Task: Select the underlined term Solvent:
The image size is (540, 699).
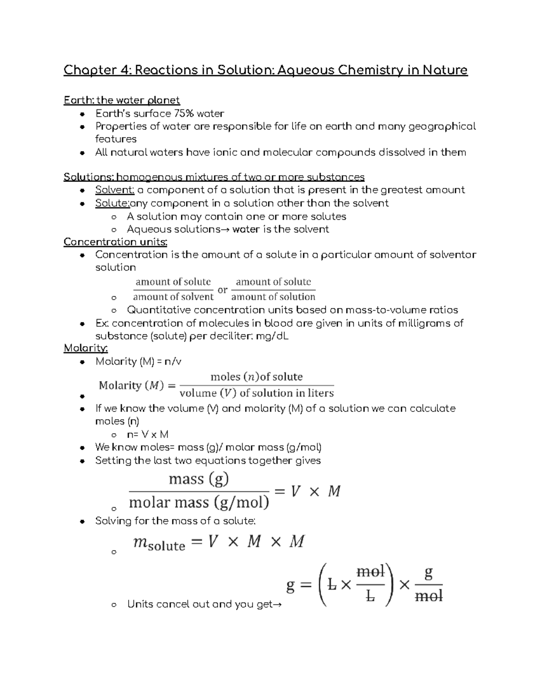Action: click(x=115, y=190)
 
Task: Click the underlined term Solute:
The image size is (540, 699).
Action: click(x=112, y=203)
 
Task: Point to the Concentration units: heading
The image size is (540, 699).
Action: click(x=115, y=242)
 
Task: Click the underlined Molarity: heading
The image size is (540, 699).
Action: click(x=85, y=348)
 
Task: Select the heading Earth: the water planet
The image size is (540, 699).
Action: click(x=121, y=100)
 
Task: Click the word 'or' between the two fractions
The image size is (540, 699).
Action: click(x=222, y=290)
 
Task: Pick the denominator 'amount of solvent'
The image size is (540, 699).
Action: click(x=173, y=297)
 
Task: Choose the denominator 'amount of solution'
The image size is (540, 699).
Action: click(x=273, y=297)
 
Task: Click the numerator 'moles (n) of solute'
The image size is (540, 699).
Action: click(x=256, y=376)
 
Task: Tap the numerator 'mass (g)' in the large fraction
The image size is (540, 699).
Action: click(x=198, y=478)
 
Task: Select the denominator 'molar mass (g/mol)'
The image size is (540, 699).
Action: click(x=199, y=502)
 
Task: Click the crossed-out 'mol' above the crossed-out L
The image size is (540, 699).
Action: click(x=370, y=572)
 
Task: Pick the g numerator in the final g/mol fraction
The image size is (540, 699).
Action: click(x=428, y=573)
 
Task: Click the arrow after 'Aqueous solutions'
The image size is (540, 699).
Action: click(x=225, y=230)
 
